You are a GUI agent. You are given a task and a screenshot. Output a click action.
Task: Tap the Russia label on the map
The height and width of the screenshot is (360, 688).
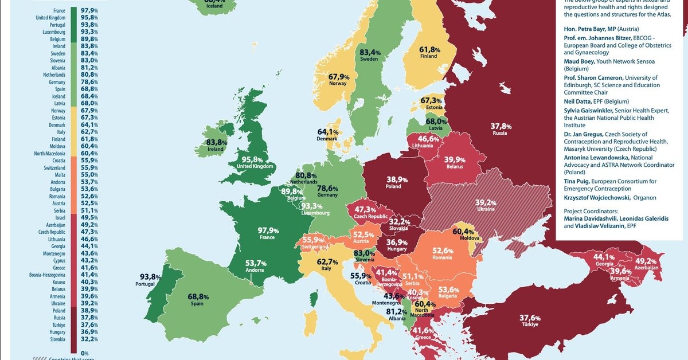[499, 133]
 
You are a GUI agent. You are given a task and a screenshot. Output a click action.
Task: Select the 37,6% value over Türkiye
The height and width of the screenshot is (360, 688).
[529, 318]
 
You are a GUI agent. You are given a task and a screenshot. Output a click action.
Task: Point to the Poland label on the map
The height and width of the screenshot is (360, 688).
[393, 186]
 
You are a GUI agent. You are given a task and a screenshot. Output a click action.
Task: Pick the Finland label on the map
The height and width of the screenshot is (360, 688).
[428, 56]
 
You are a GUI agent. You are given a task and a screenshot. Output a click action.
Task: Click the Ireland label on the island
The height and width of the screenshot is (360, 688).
[215, 149]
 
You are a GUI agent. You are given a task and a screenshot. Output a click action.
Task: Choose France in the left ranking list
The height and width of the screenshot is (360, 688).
[58, 11]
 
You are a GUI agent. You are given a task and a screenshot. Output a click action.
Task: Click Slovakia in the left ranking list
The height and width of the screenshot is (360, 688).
[57, 339]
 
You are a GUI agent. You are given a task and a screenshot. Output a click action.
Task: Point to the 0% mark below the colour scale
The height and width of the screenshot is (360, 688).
[85, 353]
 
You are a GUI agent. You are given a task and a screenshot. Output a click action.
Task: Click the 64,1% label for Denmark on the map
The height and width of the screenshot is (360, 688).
[328, 132]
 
